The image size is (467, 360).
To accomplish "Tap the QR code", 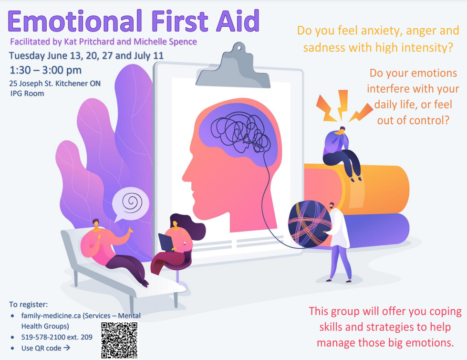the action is tap(119, 340).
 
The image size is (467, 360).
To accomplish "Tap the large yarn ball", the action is tap(310, 224).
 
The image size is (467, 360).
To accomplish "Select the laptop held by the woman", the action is tap(166, 242).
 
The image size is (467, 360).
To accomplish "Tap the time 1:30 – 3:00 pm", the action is tap(46, 70).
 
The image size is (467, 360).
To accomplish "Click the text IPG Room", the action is tap(27, 94).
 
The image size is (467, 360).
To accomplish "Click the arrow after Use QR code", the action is tap(67, 348).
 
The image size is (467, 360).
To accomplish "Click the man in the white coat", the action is tap(338, 242).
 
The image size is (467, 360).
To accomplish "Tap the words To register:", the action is tap(28, 304).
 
